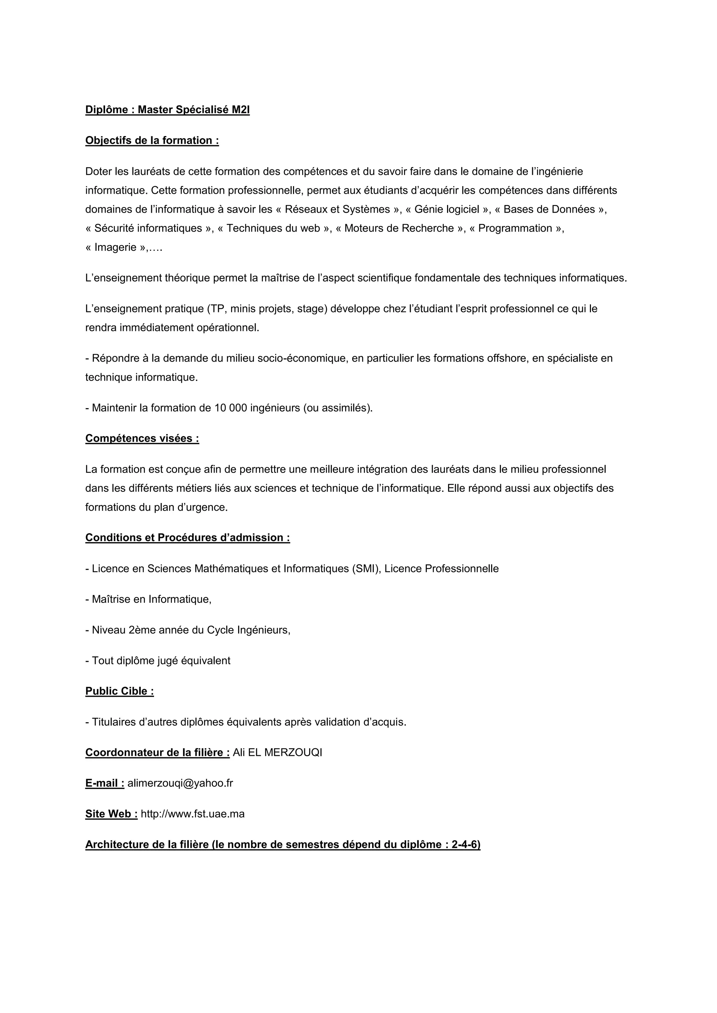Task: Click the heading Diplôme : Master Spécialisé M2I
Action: [x=167, y=110]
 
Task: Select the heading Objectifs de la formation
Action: [x=152, y=140]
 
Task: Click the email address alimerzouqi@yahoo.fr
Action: [x=180, y=783]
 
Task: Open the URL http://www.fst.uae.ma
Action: [x=193, y=814]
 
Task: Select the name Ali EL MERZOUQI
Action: [x=277, y=752]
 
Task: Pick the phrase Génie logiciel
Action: [x=446, y=209]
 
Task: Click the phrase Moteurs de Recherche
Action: [x=399, y=228]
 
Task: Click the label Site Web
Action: [x=111, y=814]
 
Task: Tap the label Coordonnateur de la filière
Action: [x=157, y=752]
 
